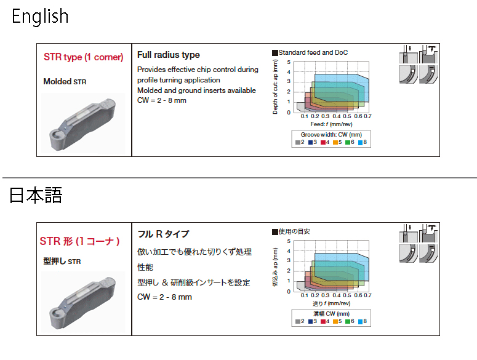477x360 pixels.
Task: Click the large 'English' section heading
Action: tap(40, 16)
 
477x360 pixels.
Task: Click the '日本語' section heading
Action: tap(36, 195)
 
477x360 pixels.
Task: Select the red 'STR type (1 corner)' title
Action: tap(83, 57)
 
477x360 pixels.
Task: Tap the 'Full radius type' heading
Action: tap(168, 55)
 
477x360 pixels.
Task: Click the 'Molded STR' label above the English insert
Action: tap(65, 81)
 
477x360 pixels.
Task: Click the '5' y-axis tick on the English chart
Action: tap(289, 62)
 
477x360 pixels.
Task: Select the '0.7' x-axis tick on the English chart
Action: tap(367, 116)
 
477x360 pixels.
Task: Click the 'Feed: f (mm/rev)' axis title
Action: tap(331, 124)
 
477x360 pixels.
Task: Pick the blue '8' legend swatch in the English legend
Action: tap(361, 142)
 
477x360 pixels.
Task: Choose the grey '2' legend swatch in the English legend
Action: tap(298, 142)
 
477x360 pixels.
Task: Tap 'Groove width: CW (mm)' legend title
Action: tap(331, 135)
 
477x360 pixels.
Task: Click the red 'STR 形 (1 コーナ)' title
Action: tap(79, 241)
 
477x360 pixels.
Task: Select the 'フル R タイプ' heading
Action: tap(163, 234)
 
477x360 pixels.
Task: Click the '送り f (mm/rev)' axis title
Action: tap(331, 303)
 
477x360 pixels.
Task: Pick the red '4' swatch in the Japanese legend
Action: tap(323, 321)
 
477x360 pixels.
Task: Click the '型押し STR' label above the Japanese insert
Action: tap(62, 261)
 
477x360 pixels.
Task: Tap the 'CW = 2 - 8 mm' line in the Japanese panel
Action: tap(164, 297)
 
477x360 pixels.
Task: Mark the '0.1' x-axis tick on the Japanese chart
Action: tap(305, 295)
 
